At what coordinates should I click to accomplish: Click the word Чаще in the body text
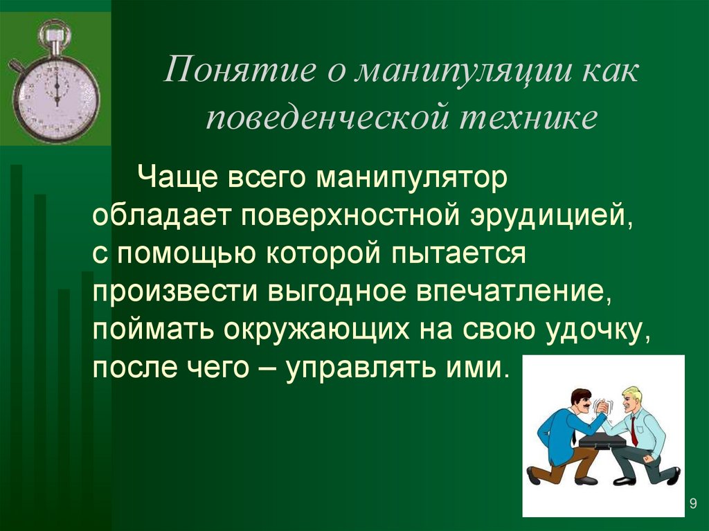[174, 179]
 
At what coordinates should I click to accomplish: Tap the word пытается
[458, 254]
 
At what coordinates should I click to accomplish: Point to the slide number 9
[692, 503]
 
